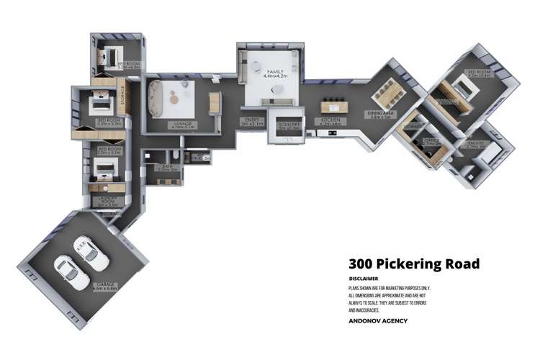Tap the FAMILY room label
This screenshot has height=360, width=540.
click(x=275, y=72)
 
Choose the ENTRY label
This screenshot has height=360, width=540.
click(x=252, y=120)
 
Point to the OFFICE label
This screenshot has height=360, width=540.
click(x=432, y=141)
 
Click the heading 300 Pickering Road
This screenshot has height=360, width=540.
click(x=413, y=264)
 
